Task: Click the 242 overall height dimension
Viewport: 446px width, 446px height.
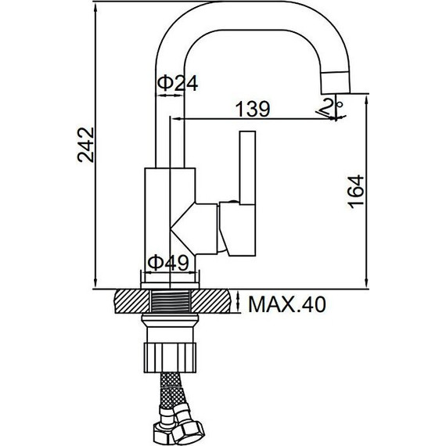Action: click(x=85, y=145)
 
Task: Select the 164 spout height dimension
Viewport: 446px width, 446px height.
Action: click(x=355, y=192)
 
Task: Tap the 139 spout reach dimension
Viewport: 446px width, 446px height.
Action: click(x=253, y=109)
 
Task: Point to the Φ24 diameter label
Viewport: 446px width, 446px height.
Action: click(x=178, y=84)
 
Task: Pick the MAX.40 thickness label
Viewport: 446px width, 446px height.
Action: click(x=287, y=304)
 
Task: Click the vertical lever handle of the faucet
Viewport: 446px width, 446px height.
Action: click(x=247, y=167)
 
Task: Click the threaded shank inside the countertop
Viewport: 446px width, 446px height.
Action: click(x=171, y=301)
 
